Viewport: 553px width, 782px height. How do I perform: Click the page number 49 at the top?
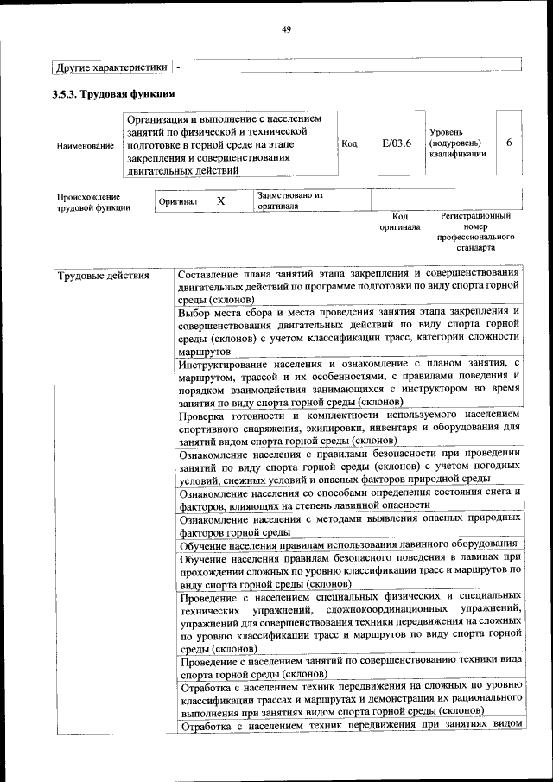[286, 29]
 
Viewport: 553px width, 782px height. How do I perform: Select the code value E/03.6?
[397, 143]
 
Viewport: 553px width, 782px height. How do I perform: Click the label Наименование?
[85, 145]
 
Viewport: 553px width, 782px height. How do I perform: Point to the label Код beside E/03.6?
[350, 143]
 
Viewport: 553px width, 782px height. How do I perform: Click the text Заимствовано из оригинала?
[289, 200]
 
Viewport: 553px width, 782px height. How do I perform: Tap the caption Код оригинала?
[400, 221]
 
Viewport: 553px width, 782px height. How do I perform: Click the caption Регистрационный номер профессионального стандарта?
[475, 231]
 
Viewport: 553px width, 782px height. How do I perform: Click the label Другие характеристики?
[111, 67]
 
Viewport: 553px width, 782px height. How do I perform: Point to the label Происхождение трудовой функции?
[93, 201]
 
